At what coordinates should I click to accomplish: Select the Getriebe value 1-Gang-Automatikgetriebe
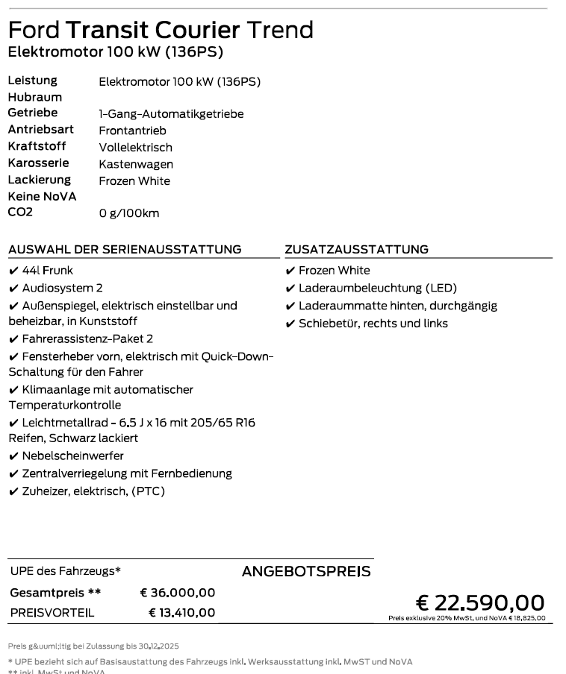tap(171, 114)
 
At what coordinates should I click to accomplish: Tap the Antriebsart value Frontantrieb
tap(132, 130)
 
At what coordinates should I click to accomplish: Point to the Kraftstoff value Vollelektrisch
tap(135, 148)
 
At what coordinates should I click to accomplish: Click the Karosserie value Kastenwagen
tap(136, 164)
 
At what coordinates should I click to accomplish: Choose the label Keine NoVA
tap(42, 196)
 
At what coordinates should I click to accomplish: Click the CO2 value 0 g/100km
tap(129, 214)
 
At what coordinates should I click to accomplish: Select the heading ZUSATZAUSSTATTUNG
tap(356, 250)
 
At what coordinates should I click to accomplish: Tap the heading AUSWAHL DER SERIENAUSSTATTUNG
tap(125, 250)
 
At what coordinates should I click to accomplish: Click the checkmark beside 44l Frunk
tap(13, 271)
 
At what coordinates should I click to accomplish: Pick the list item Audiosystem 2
tap(63, 288)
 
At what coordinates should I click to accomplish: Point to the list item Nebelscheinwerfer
tap(73, 456)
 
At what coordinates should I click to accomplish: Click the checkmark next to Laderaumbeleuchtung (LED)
tap(290, 289)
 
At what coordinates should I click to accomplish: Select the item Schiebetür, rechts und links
tap(373, 324)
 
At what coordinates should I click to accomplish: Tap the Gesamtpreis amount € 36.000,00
tap(178, 593)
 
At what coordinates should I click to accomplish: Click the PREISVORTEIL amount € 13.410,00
tap(181, 613)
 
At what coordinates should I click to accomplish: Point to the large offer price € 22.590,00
tap(480, 602)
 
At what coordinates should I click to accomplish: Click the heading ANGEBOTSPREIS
tap(306, 572)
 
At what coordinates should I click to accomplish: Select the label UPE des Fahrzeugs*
tap(66, 572)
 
